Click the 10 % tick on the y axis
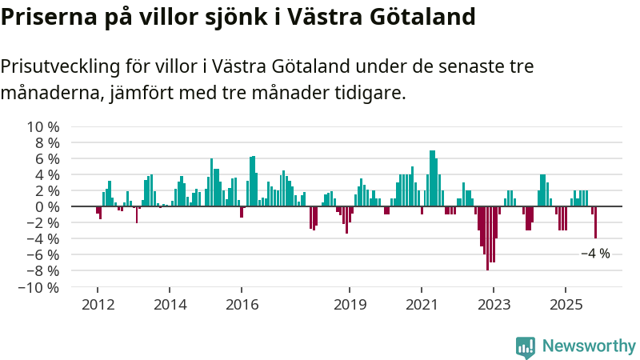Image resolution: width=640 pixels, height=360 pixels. (43, 127)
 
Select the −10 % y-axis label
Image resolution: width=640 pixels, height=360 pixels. (39, 287)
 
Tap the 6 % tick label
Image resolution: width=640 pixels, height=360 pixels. (46, 159)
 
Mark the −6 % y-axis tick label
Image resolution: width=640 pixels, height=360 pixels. (43, 255)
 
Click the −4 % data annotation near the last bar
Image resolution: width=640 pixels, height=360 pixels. (594, 254)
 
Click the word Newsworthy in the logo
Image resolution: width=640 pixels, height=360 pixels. (589, 346)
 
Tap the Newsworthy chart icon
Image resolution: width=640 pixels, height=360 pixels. (526, 346)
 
